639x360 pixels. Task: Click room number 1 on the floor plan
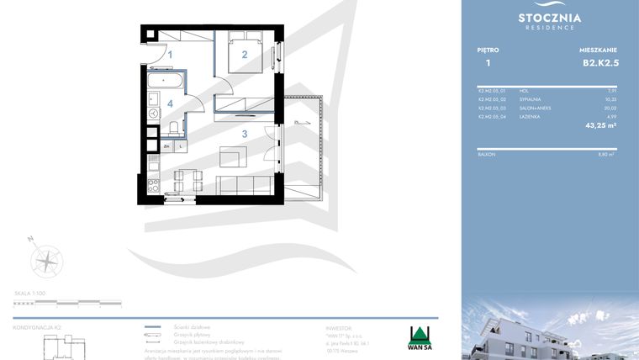[x=171, y=56]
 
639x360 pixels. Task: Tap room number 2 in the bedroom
[x=245, y=56]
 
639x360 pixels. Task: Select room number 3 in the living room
[x=245, y=134]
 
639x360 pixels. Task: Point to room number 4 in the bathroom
[x=171, y=103]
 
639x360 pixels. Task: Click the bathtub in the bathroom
[x=165, y=81]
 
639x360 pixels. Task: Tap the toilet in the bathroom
[x=173, y=128]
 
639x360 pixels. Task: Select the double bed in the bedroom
[x=246, y=55]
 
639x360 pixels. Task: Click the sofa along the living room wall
[x=244, y=184]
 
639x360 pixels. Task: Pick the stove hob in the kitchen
[x=154, y=184]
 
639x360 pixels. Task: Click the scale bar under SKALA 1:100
[x=67, y=302]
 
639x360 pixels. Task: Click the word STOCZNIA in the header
[x=550, y=17]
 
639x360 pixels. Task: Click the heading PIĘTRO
[x=488, y=50]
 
